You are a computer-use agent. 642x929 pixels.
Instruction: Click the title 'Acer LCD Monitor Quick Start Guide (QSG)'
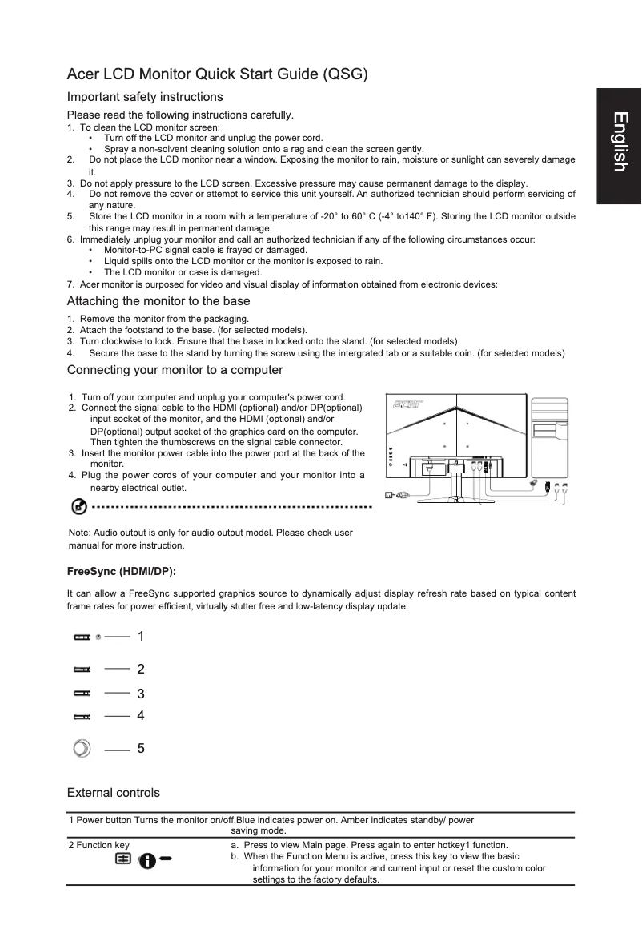click(x=218, y=75)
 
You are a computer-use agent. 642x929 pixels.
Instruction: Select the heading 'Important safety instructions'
click(x=145, y=97)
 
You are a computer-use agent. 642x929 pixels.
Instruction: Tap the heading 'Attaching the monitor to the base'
click(x=158, y=301)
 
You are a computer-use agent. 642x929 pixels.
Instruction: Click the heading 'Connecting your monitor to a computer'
click(x=175, y=370)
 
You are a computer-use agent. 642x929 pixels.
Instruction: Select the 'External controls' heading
click(x=114, y=793)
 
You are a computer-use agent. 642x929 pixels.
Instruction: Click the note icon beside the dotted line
click(x=79, y=507)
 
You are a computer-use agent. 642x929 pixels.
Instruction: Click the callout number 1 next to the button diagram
click(x=141, y=637)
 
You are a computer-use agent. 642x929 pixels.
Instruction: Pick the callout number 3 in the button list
click(x=141, y=694)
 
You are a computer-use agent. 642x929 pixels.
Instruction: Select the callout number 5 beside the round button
click(x=141, y=749)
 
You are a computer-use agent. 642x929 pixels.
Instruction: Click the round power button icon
click(x=82, y=749)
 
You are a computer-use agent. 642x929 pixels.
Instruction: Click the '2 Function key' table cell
click(x=99, y=845)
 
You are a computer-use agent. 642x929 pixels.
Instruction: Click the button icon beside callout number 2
click(x=82, y=669)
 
